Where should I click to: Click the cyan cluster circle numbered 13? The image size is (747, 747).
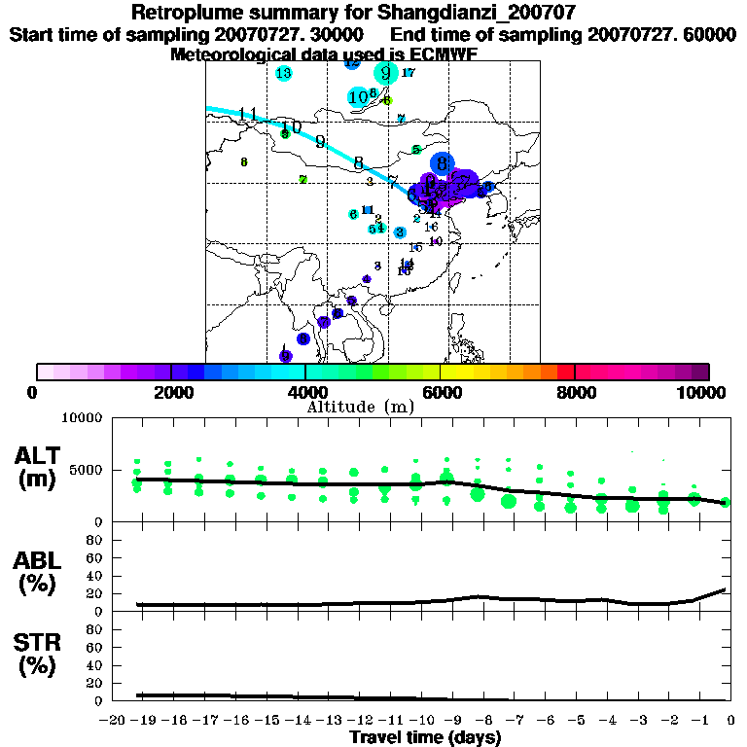284,73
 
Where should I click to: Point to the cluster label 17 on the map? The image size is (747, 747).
409,73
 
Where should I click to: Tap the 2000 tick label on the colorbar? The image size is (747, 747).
171,392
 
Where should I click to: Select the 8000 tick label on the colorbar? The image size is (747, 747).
575,392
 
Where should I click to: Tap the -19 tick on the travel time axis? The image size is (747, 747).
143,721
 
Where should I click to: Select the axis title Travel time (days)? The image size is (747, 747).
425,738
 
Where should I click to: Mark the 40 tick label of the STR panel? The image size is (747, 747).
95,664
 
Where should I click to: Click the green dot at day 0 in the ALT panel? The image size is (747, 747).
726,503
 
